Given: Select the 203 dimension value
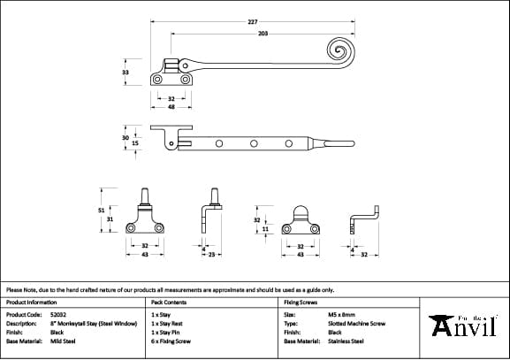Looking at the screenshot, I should click(263, 34).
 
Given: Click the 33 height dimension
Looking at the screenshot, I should click(126, 73).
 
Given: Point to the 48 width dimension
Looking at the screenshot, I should click(171, 106).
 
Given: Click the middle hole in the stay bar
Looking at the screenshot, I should click(254, 142).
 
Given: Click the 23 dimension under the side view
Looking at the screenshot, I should click(212, 255).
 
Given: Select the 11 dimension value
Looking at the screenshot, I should click(265, 229).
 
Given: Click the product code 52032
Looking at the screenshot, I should click(59, 314).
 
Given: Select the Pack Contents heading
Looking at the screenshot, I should click(170, 303).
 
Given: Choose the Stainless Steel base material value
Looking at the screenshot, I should click(346, 341).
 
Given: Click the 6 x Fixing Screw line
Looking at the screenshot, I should click(171, 341).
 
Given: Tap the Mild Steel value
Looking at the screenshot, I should click(63, 341).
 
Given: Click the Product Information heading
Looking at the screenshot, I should click(31, 303).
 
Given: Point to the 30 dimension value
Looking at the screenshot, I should click(126, 136).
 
